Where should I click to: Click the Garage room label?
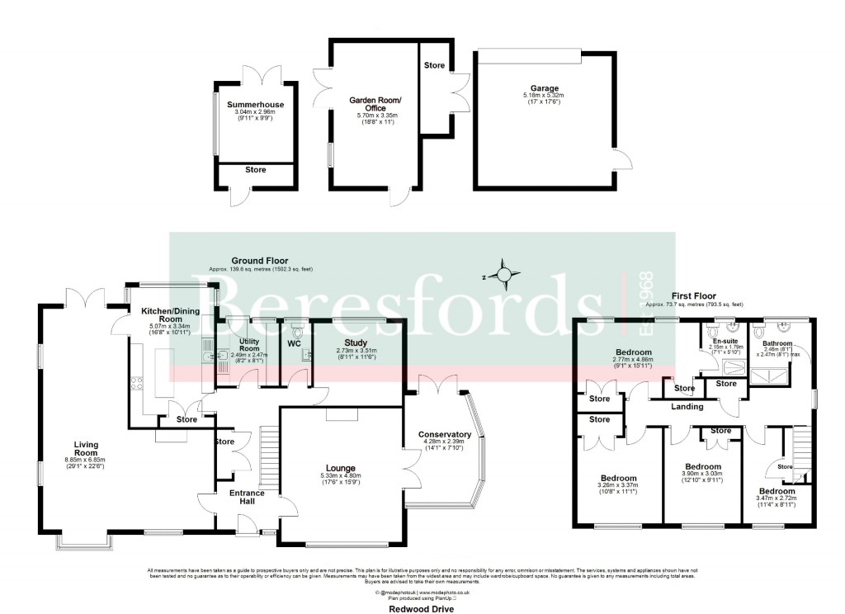tap(545, 88)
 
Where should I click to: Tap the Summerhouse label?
tap(253, 105)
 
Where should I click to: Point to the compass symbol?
tap(504, 274)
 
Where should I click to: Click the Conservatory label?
tap(444, 434)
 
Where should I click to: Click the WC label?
tap(294, 342)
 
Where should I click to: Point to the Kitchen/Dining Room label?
tap(161, 314)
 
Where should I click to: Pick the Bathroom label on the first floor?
tap(777, 343)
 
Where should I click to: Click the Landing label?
tap(687, 406)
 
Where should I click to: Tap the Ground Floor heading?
tap(258, 259)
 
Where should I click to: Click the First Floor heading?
tap(692, 295)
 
